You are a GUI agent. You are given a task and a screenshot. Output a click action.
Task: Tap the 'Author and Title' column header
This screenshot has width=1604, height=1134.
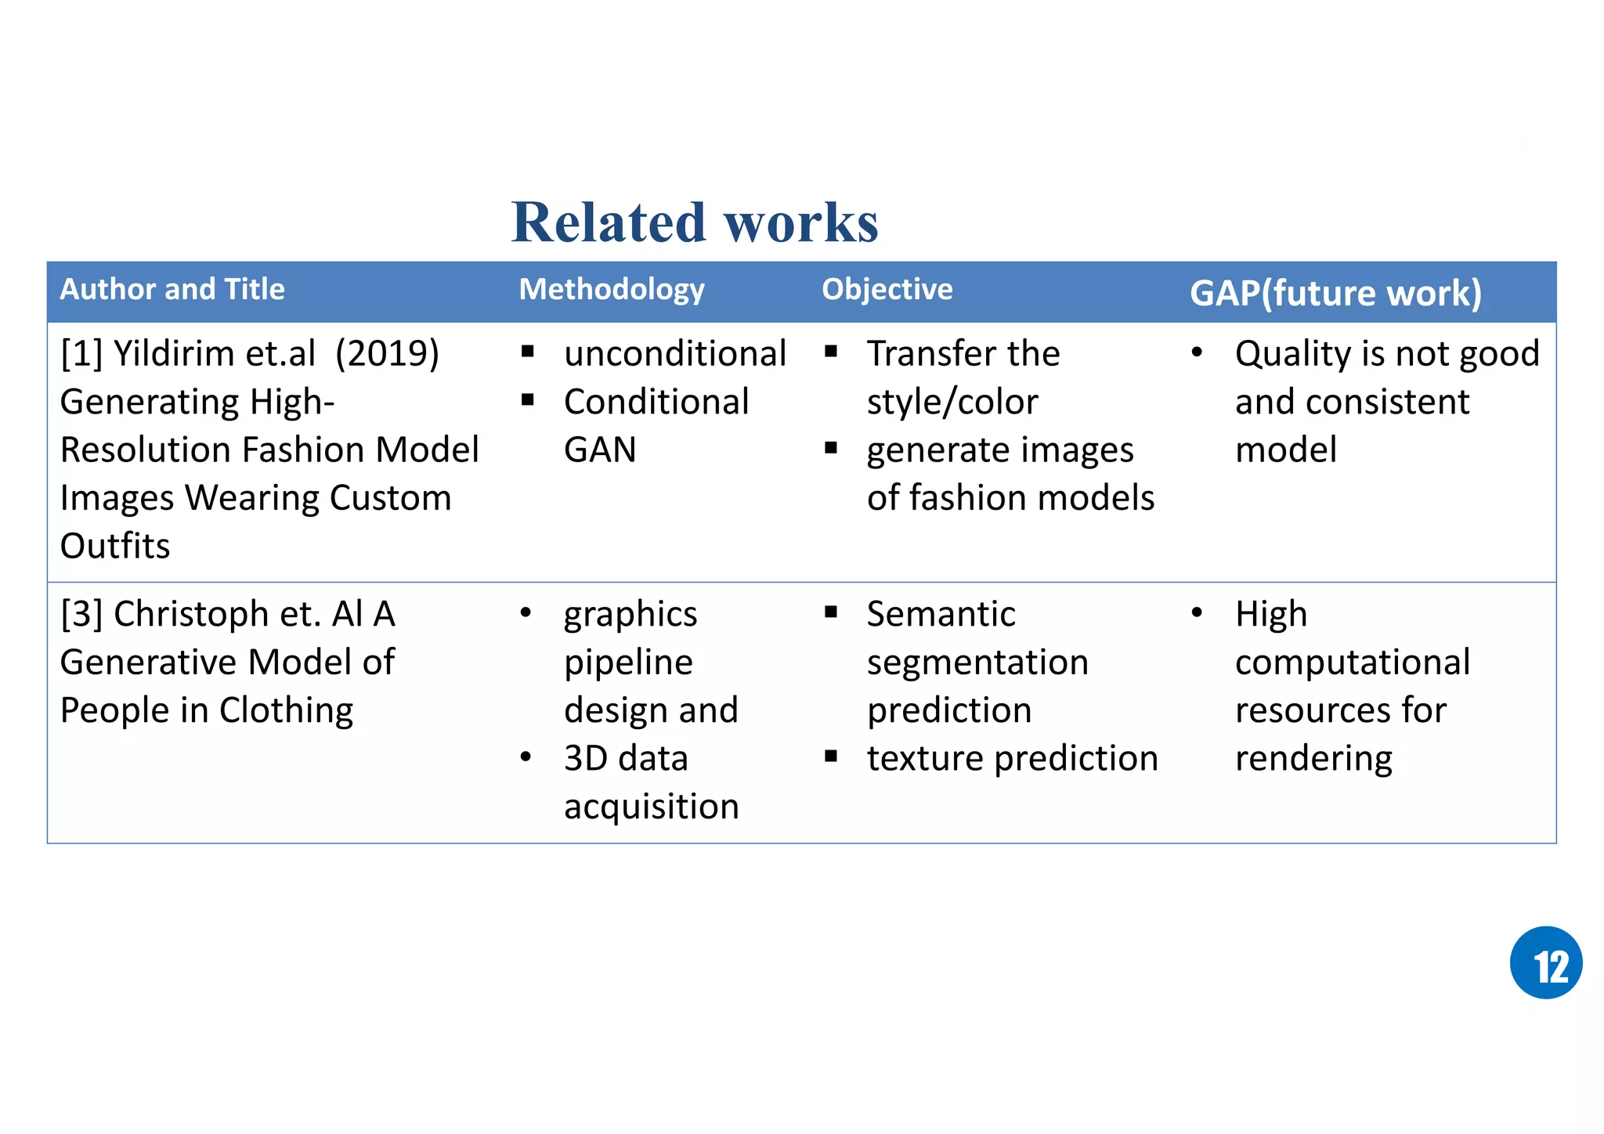172,290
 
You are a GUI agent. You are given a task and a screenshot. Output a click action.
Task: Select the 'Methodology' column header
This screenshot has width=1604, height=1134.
612,290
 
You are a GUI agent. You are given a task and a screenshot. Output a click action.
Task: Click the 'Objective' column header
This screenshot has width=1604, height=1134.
887,290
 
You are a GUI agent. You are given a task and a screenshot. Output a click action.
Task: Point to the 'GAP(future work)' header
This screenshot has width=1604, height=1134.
1335,294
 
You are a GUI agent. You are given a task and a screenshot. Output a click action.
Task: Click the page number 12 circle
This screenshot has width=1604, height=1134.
1545,962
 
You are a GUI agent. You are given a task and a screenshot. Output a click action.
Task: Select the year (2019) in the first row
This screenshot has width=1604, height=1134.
387,354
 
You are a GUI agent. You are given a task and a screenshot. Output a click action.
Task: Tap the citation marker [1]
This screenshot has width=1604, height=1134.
81,354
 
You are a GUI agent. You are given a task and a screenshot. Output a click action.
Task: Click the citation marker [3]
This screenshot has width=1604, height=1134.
81,614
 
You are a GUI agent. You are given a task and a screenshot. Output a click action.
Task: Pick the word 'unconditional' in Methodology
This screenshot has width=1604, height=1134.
674,354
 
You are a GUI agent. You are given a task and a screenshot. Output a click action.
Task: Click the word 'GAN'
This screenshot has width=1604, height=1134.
600,450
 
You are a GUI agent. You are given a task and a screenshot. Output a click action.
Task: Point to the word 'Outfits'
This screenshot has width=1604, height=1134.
115,547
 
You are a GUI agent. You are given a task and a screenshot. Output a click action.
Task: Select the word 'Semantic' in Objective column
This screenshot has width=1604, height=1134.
941,614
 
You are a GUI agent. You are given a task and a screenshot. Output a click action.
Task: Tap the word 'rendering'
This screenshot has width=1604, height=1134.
1313,758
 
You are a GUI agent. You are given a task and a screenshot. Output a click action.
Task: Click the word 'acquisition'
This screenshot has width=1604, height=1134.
651,807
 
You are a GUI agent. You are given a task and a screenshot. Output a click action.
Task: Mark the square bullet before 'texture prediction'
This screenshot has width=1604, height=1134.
831,757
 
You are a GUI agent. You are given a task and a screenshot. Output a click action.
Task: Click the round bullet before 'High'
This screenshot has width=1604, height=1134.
1197,612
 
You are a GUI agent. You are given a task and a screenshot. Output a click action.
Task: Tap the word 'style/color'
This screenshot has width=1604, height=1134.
952,403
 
